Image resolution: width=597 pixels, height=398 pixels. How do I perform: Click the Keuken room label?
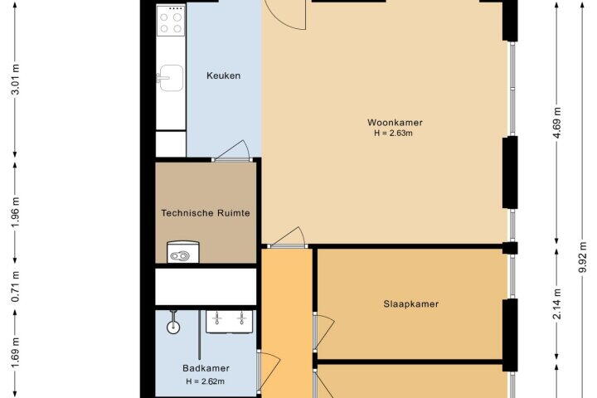pyautogui.click(x=224, y=75)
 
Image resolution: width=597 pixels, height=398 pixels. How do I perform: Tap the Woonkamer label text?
pyautogui.click(x=395, y=122)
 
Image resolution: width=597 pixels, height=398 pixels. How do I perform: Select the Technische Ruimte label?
pyautogui.click(x=206, y=213)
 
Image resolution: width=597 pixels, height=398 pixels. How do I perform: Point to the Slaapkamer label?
pyautogui.click(x=410, y=304)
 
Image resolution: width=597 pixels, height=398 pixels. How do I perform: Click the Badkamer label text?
pyautogui.click(x=206, y=368)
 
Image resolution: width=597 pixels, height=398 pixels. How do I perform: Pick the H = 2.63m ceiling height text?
pyautogui.click(x=393, y=133)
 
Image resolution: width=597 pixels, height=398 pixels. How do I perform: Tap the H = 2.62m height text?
pyautogui.click(x=206, y=381)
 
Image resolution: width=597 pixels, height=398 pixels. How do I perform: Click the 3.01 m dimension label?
pyautogui.click(x=15, y=80)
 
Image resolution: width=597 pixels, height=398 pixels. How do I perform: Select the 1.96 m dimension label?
pyautogui.click(x=15, y=212)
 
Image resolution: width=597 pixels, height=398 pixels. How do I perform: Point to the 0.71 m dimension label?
pyautogui.click(x=15, y=286)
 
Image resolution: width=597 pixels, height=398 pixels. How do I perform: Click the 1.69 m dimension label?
pyautogui.click(x=15, y=354)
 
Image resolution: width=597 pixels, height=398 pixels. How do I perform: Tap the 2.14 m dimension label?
pyautogui.click(x=557, y=304)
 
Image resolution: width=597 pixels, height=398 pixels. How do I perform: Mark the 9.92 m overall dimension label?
pyautogui.click(x=583, y=257)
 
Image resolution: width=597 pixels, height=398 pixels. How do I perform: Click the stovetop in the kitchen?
pyautogui.click(x=171, y=21)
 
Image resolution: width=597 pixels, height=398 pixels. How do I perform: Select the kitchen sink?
pyautogui.click(x=171, y=78)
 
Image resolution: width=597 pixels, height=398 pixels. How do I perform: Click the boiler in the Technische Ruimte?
pyautogui.click(x=183, y=252)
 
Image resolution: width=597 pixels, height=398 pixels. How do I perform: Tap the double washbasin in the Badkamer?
pyautogui.click(x=229, y=321)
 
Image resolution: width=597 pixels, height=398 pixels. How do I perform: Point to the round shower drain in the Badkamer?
pyautogui.click(x=173, y=327)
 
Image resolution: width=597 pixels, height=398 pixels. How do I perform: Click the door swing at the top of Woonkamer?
pyautogui.click(x=286, y=15)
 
